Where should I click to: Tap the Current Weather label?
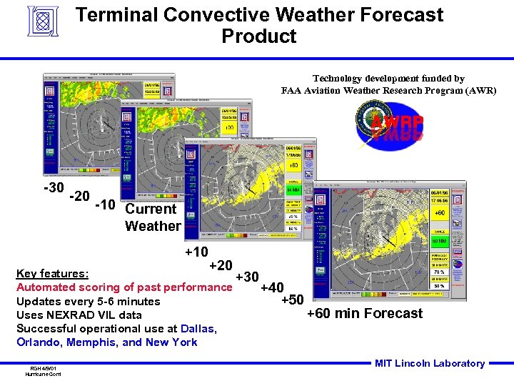152,217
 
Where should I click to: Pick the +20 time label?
220,265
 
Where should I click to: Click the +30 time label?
247,277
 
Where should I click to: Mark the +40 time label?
272,288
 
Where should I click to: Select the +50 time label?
292,300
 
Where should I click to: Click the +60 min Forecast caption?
364,313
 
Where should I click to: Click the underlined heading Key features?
52,274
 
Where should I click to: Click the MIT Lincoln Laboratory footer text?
429,363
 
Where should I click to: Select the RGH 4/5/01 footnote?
42,367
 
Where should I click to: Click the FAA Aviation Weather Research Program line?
388,91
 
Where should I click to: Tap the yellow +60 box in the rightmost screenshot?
440,212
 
